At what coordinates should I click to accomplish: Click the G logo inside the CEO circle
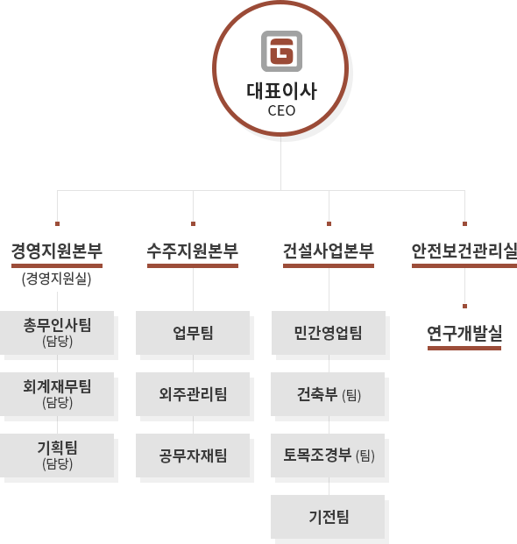pyautogui.click(x=281, y=52)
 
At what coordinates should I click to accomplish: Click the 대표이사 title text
pyautogui.click(x=281, y=91)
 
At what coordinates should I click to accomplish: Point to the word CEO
pyautogui.click(x=281, y=110)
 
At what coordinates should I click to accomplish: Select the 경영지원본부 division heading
pyautogui.click(x=57, y=251)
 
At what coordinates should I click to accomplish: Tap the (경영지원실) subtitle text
pyautogui.click(x=57, y=279)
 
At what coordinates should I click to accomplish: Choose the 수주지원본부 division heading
pyautogui.click(x=193, y=251)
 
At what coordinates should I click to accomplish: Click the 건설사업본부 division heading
pyautogui.click(x=329, y=251)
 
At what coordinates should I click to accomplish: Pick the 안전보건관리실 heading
pyautogui.click(x=464, y=251)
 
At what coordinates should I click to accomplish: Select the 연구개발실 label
pyautogui.click(x=464, y=334)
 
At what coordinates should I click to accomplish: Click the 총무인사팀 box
pyautogui.click(x=57, y=333)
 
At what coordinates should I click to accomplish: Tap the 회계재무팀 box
pyautogui.click(x=57, y=394)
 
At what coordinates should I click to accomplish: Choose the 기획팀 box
pyautogui.click(x=57, y=456)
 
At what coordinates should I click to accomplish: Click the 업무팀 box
pyautogui.click(x=193, y=333)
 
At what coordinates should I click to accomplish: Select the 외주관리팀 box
pyautogui.click(x=193, y=394)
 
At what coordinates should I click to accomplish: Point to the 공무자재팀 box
pyautogui.click(x=193, y=456)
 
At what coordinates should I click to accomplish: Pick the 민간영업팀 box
pyautogui.click(x=329, y=333)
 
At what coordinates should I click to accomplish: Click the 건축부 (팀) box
pyautogui.click(x=328, y=394)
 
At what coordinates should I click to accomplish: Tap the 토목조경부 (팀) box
pyautogui.click(x=328, y=456)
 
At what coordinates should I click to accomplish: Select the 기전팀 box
pyautogui.click(x=328, y=517)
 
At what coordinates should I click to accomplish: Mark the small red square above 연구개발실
pyautogui.click(x=464, y=306)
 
